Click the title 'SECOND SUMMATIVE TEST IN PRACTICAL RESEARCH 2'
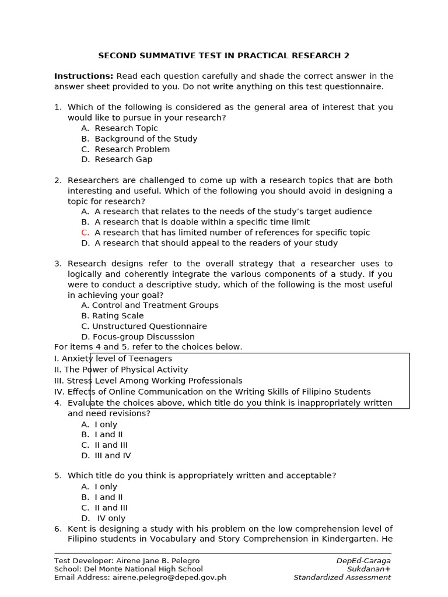coord(224,56)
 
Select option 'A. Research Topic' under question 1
coord(120,128)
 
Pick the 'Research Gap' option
coord(123,159)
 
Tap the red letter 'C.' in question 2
coord(86,233)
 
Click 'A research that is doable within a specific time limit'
coord(202,222)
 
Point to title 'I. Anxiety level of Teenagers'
coord(113,359)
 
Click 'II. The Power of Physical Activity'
coord(121,370)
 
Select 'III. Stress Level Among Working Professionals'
coord(148,381)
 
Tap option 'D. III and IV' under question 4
coord(106,456)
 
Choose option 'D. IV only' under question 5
coord(104,518)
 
